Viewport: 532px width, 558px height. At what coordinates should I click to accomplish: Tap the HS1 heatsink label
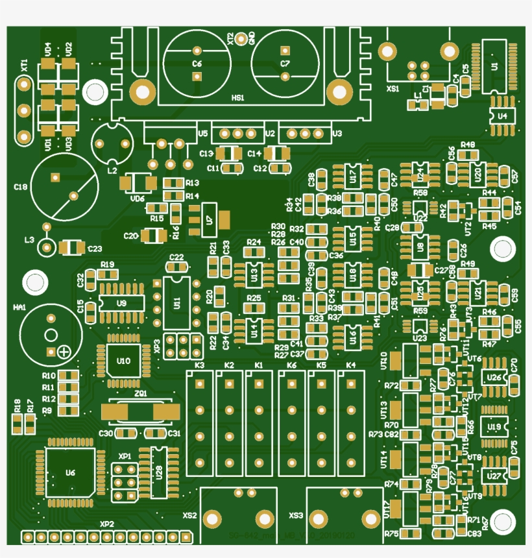237,98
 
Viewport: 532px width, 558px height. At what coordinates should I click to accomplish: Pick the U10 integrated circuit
123,361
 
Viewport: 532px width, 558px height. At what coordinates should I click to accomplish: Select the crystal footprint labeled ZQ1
141,411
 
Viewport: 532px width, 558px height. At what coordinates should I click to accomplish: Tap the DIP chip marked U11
176,303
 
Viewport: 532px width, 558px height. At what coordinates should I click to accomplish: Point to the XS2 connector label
189,516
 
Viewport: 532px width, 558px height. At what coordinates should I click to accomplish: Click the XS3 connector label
296,516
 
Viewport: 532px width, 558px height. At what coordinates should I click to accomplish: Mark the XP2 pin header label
106,524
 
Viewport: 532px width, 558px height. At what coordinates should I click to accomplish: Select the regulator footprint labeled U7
208,219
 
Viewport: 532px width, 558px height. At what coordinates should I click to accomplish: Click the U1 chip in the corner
495,66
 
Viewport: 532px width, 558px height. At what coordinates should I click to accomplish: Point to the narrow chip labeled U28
159,472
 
